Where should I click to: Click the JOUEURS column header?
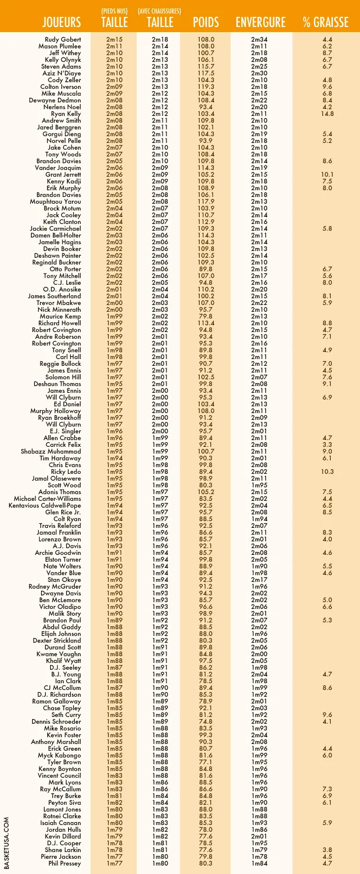click(x=62, y=23)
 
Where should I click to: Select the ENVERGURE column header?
click(x=260, y=23)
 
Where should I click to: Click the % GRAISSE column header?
click(x=327, y=23)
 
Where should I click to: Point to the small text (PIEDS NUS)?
click(x=115, y=11)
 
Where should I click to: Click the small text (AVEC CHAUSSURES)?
click(x=160, y=11)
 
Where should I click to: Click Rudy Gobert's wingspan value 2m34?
click(x=259, y=39)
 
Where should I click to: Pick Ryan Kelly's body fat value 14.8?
click(x=327, y=114)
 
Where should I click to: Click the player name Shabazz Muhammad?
click(x=51, y=451)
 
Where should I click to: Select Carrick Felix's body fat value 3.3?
click(x=327, y=445)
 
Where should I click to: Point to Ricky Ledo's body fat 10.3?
click(x=327, y=472)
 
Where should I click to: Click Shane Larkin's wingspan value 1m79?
click(x=259, y=850)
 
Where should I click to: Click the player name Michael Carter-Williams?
click(x=47, y=499)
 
